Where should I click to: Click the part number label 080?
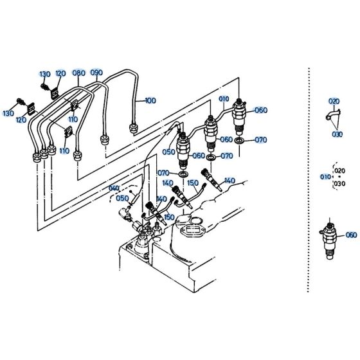(x=78, y=73)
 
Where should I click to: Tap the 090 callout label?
(x=96, y=73)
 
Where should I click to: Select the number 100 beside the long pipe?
(x=150, y=100)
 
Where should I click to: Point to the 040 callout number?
(x=114, y=188)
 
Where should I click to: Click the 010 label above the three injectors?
(x=223, y=99)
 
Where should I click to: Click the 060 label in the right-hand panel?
(x=350, y=235)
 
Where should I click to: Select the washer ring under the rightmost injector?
(x=239, y=139)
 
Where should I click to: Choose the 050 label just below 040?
(x=123, y=199)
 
